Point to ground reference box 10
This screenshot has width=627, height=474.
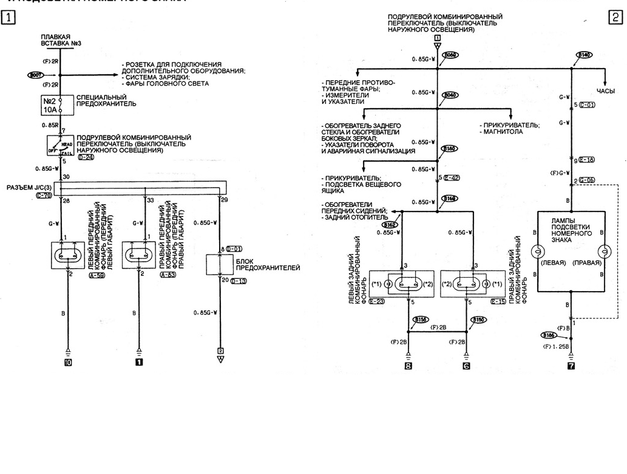(x=68, y=363)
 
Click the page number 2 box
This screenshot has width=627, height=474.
(x=616, y=17)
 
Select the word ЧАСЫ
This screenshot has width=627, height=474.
(x=606, y=91)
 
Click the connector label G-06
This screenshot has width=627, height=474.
(x=587, y=180)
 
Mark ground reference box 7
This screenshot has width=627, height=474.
(x=571, y=366)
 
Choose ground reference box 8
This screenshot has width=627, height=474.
(x=408, y=366)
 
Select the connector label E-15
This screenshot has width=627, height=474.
(x=498, y=301)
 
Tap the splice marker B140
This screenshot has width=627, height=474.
(x=584, y=55)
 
